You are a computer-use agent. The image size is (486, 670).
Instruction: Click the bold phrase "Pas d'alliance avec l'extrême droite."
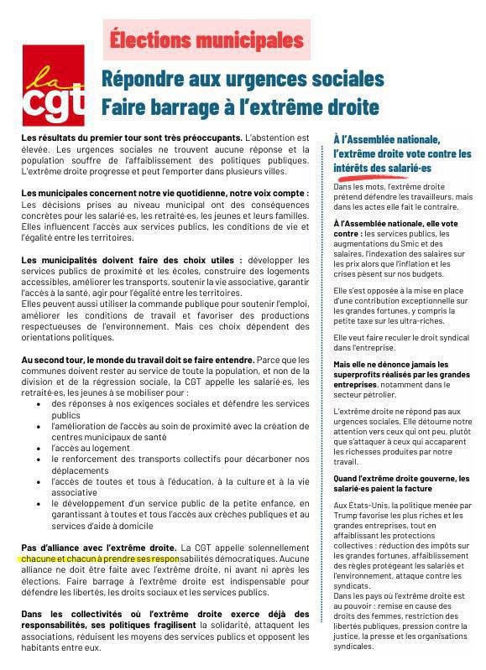(x=98, y=545)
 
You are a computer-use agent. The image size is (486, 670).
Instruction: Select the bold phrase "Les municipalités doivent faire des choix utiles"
(x=130, y=260)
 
